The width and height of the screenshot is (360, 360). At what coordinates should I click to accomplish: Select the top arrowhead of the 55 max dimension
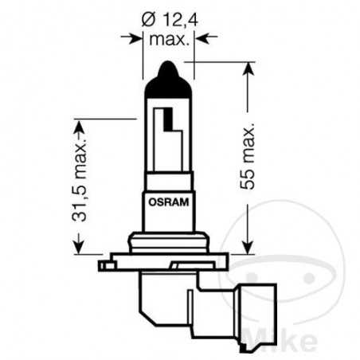click(x=249, y=68)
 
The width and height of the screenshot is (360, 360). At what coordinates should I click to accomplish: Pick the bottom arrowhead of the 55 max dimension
click(x=249, y=246)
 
